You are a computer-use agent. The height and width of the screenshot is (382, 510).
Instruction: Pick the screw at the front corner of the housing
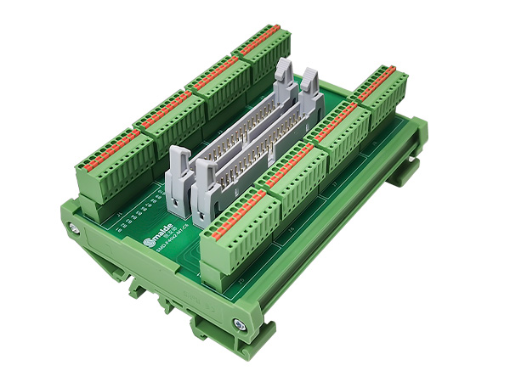pos(238,322)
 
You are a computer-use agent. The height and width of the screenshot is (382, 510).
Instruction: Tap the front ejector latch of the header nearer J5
pos(207,191)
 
